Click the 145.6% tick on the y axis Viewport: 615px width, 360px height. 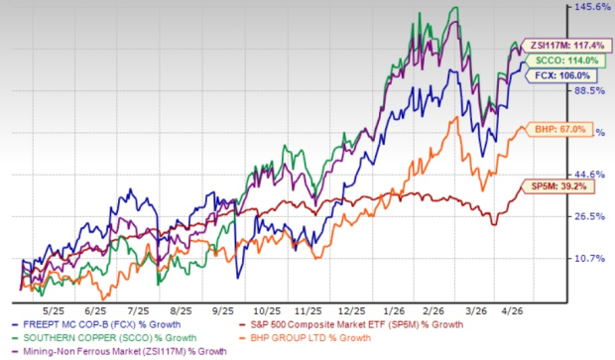pyautogui.click(x=590, y=7)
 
